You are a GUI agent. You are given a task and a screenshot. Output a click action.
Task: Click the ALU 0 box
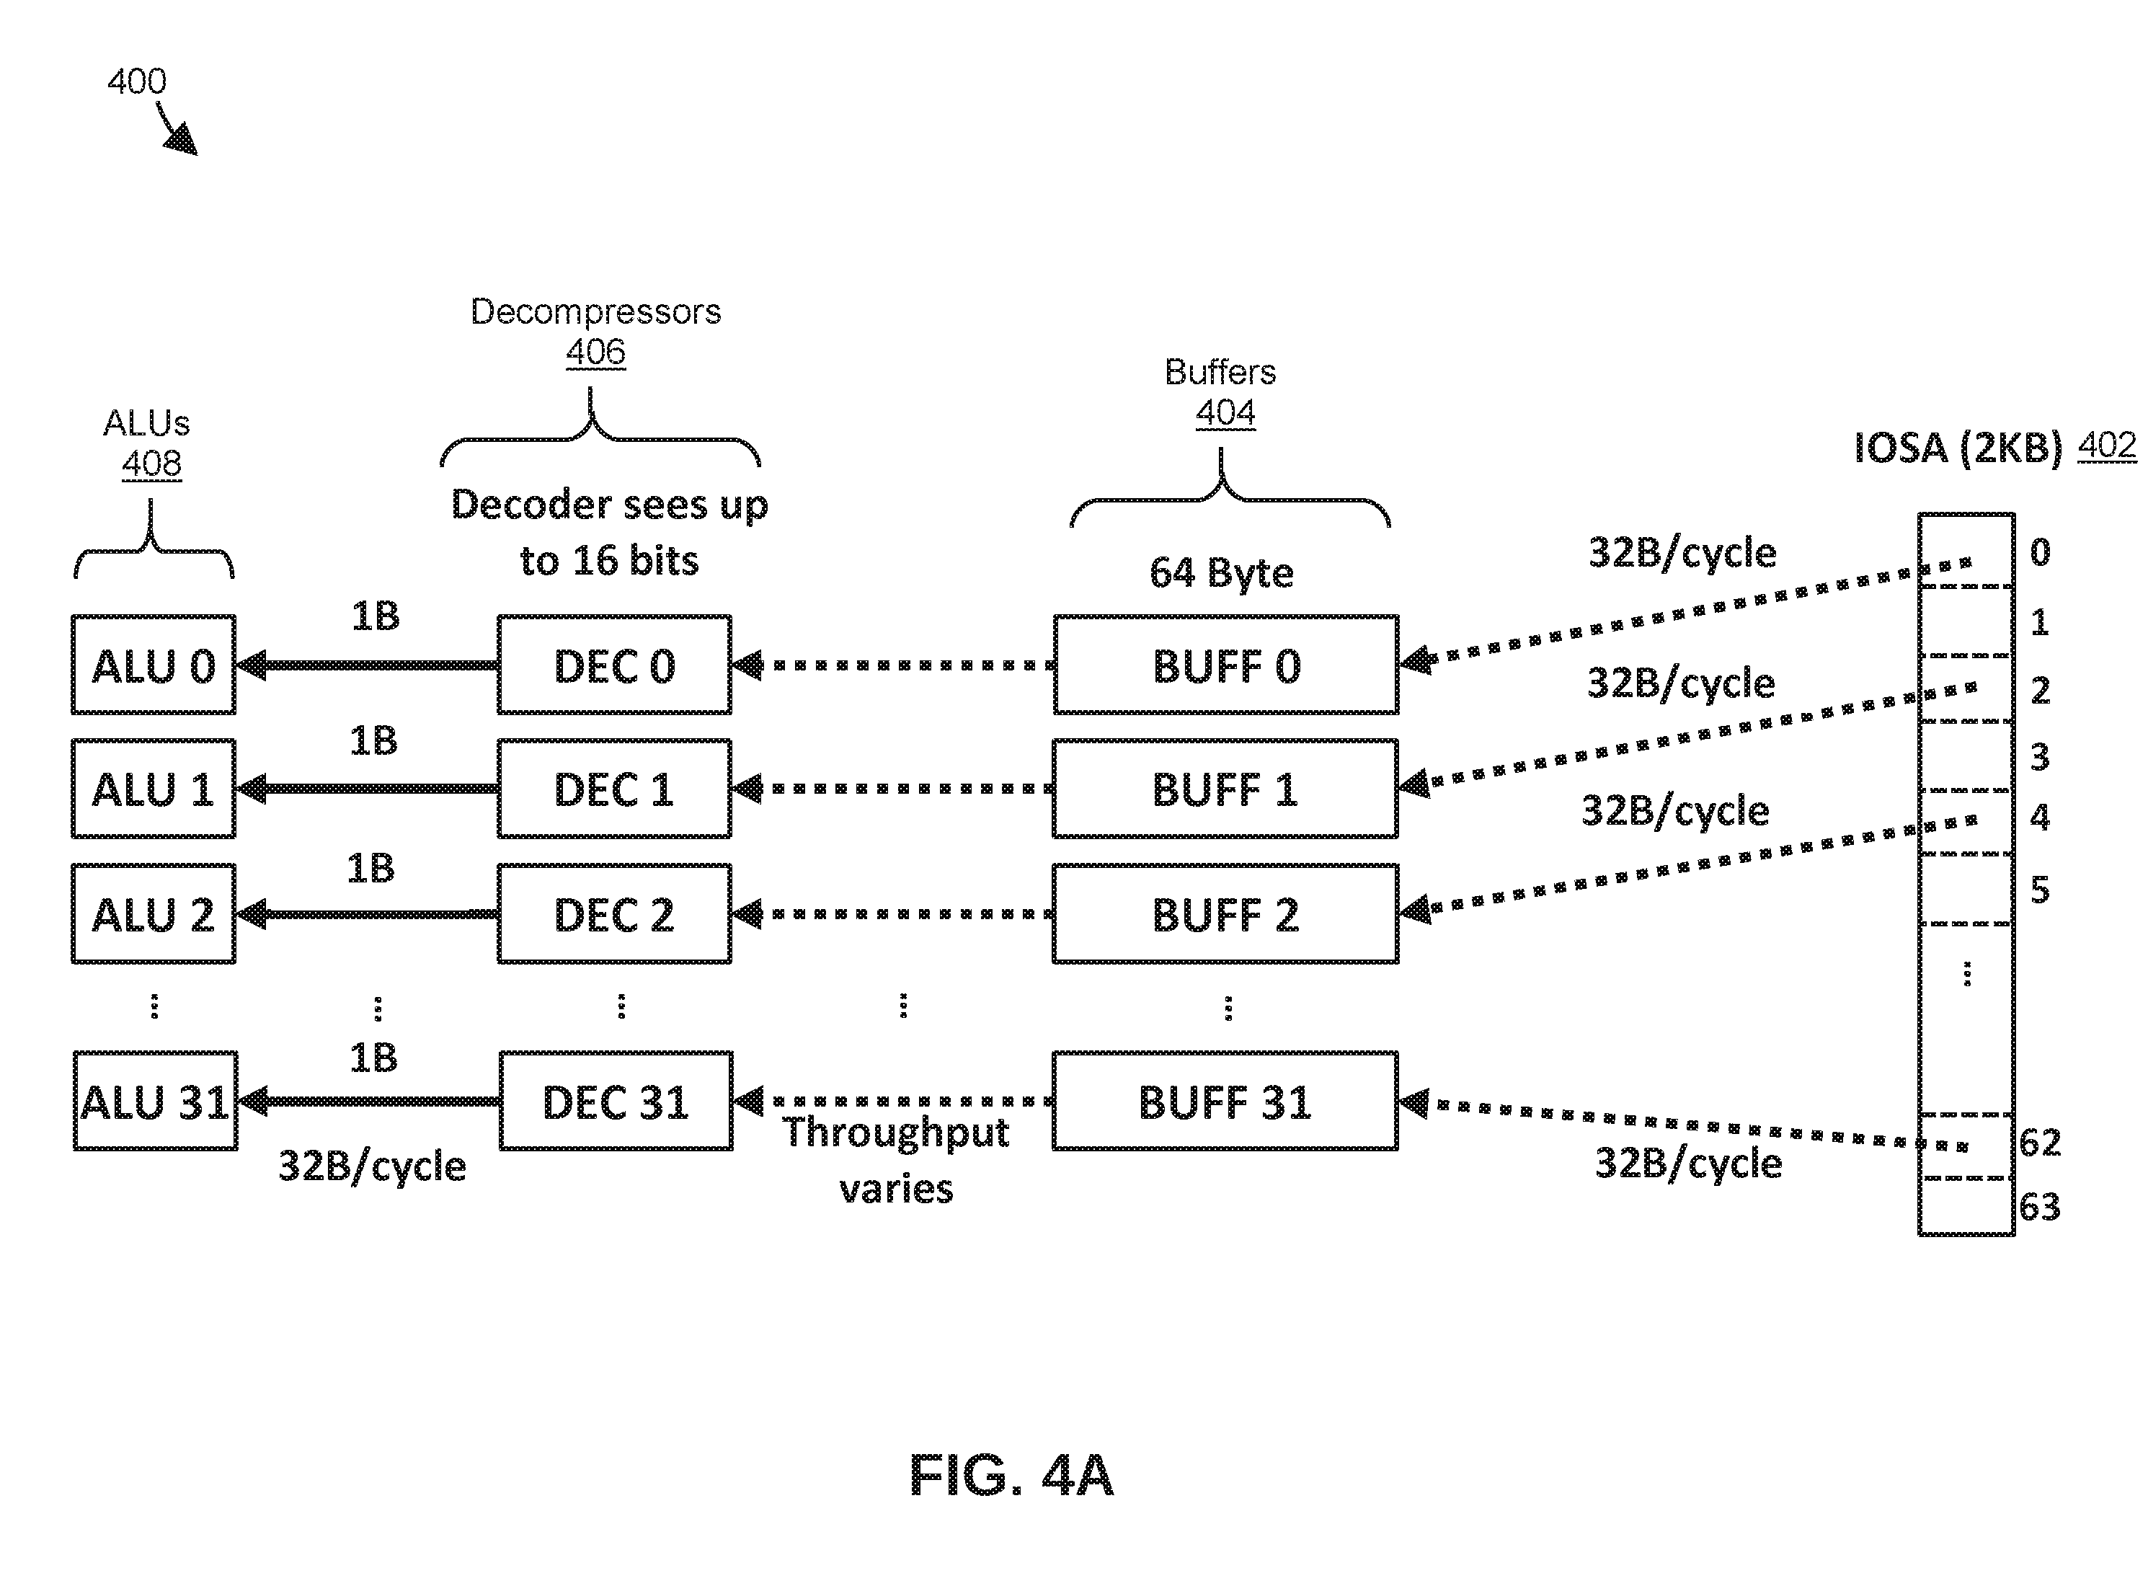(x=154, y=665)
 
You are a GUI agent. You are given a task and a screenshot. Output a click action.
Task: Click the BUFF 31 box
(x=1225, y=1101)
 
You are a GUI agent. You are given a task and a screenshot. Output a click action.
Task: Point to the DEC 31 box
(x=616, y=1101)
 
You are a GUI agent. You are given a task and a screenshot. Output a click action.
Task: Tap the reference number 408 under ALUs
(x=151, y=464)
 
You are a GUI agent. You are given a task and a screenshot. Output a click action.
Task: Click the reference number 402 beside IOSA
(x=2108, y=446)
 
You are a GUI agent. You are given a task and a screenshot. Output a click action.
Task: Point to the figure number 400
(x=137, y=81)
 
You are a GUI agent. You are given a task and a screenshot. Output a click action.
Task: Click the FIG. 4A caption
(x=1011, y=1476)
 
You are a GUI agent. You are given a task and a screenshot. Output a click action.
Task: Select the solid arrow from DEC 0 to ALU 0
(x=368, y=665)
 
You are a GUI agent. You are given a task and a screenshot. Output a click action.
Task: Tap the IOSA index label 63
(x=2040, y=1207)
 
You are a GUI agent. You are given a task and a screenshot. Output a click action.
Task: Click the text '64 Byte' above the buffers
(x=1222, y=573)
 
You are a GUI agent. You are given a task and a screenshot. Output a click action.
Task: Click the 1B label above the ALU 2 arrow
(x=370, y=868)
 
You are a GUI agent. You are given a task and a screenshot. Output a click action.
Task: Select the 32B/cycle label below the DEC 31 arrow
(x=373, y=1166)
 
